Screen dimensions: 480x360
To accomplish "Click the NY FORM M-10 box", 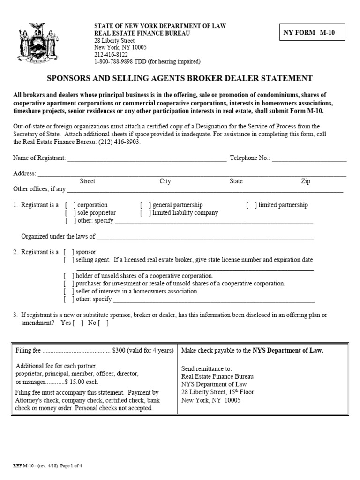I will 312,33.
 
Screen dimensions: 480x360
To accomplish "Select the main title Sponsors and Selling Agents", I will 180,78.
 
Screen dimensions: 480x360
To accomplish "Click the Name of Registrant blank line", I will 147,158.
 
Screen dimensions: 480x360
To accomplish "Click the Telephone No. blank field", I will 309,158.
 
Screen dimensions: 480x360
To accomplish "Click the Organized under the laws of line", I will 205,237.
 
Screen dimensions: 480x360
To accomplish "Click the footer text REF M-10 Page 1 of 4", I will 48,466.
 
